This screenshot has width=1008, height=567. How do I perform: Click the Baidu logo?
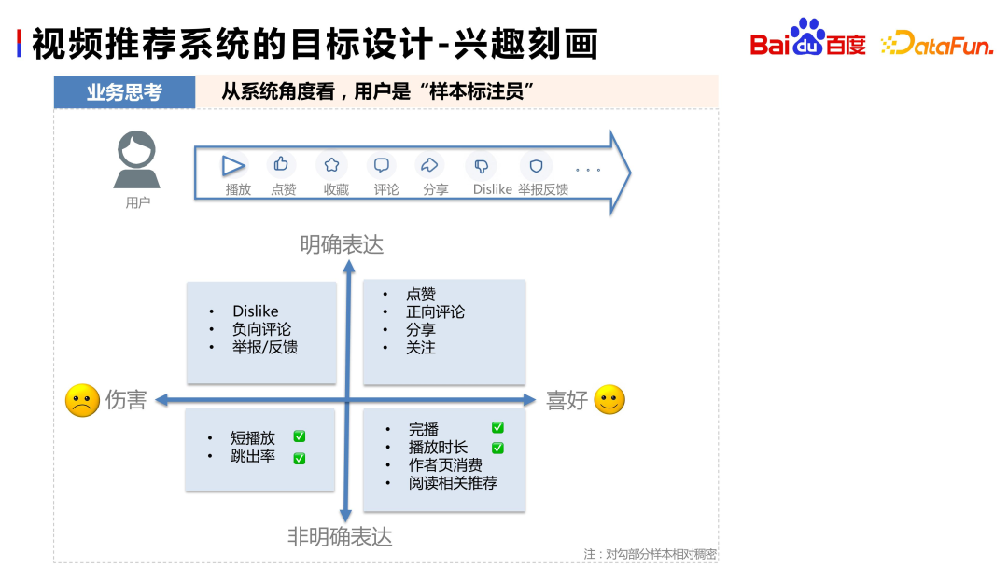pyautogui.click(x=808, y=39)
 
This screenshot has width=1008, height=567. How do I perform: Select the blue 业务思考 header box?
pyautogui.click(x=124, y=92)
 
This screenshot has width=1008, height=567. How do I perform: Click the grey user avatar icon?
pyautogui.click(x=137, y=160)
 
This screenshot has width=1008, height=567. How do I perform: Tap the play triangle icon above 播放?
pyautogui.click(x=233, y=166)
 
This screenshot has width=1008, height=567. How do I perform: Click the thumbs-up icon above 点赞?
pyautogui.click(x=281, y=165)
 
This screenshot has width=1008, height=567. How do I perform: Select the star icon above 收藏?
pyautogui.click(x=331, y=165)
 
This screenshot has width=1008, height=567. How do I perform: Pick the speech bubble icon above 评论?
pyautogui.click(x=382, y=165)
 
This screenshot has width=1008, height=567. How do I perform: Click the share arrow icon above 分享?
pyautogui.click(x=430, y=165)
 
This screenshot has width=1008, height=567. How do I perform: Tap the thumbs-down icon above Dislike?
pyautogui.click(x=481, y=166)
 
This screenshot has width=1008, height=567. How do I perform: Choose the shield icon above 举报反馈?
pyautogui.click(x=536, y=166)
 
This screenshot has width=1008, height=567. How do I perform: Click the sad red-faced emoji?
pyautogui.click(x=82, y=400)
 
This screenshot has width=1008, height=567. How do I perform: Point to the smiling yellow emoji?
pyautogui.click(x=609, y=400)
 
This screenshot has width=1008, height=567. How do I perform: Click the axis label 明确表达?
pyautogui.click(x=342, y=244)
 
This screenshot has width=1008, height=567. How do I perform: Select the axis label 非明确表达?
pyautogui.click(x=340, y=537)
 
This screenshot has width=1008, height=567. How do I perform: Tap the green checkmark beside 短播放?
pyautogui.click(x=300, y=436)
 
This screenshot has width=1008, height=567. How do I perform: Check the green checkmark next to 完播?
pyautogui.click(x=497, y=427)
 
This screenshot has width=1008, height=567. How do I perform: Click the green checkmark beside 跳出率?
pyautogui.click(x=300, y=458)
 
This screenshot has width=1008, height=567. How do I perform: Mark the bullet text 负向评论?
pyautogui.click(x=261, y=329)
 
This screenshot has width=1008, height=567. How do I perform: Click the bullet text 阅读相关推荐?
pyautogui.click(x=453, y=483)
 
